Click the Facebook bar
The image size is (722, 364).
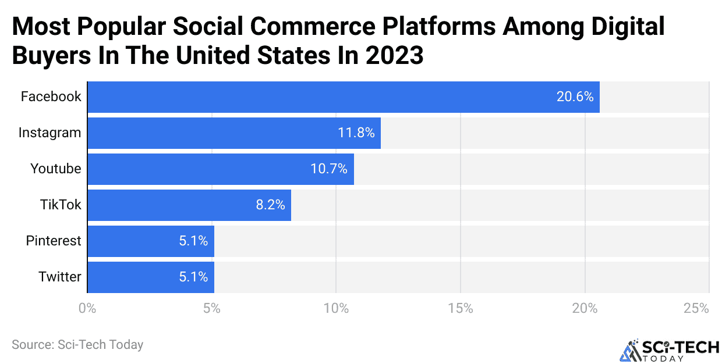coord(344,97)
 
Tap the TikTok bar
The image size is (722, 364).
coord(189,205)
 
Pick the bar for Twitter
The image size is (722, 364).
coord(151,277)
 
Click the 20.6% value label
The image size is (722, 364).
coord(575,97)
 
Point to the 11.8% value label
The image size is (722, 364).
coord(356,133)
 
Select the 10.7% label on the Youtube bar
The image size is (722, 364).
coord(329,169)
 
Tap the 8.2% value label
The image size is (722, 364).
coord(270,205)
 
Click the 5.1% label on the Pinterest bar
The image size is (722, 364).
coord(193,241)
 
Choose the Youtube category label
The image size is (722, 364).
coord(56,169)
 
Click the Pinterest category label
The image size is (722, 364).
coord(54,241)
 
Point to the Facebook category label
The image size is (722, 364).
coord(51,97)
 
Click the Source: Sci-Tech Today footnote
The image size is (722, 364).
coord(77,345)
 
